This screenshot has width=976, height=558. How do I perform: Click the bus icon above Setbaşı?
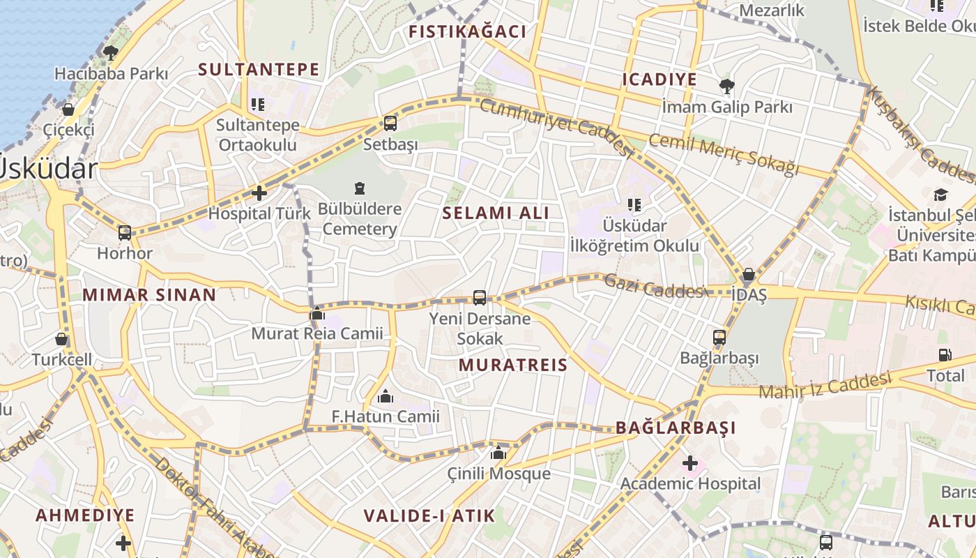[x=390, y=123]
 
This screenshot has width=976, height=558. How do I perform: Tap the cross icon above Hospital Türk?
[x=259, y=193]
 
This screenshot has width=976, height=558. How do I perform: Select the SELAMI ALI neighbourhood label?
[x=496, y=213]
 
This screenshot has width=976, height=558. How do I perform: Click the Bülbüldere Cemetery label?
[x=360, y=219]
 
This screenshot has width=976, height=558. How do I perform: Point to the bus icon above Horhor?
[x=125, y=233]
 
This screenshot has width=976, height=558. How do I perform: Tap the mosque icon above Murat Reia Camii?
[x=317, y=313]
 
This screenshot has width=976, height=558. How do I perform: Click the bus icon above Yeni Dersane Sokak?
[x=480, y=298]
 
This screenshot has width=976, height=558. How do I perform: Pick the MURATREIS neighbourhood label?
[x=513, y=365]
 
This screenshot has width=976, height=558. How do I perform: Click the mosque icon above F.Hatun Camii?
[x=386, y=397]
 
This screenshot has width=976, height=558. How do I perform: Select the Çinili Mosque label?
[x=499, y=474]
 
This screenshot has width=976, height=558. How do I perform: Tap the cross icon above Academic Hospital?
[x=690, y=462]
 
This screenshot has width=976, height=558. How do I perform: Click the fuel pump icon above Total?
[x=945, y=355]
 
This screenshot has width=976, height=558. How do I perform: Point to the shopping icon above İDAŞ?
[x=749, y=275]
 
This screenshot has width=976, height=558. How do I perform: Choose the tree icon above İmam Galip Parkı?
[x=727, y=86]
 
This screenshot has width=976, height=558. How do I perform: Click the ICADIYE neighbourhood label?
[x=659, y=80]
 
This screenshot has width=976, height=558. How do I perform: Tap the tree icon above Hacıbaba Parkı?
[x=111, y=52]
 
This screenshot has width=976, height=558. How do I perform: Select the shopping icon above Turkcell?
[x=61, y=340]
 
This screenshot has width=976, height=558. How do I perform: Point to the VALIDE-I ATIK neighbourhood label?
[x=429, y=516]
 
